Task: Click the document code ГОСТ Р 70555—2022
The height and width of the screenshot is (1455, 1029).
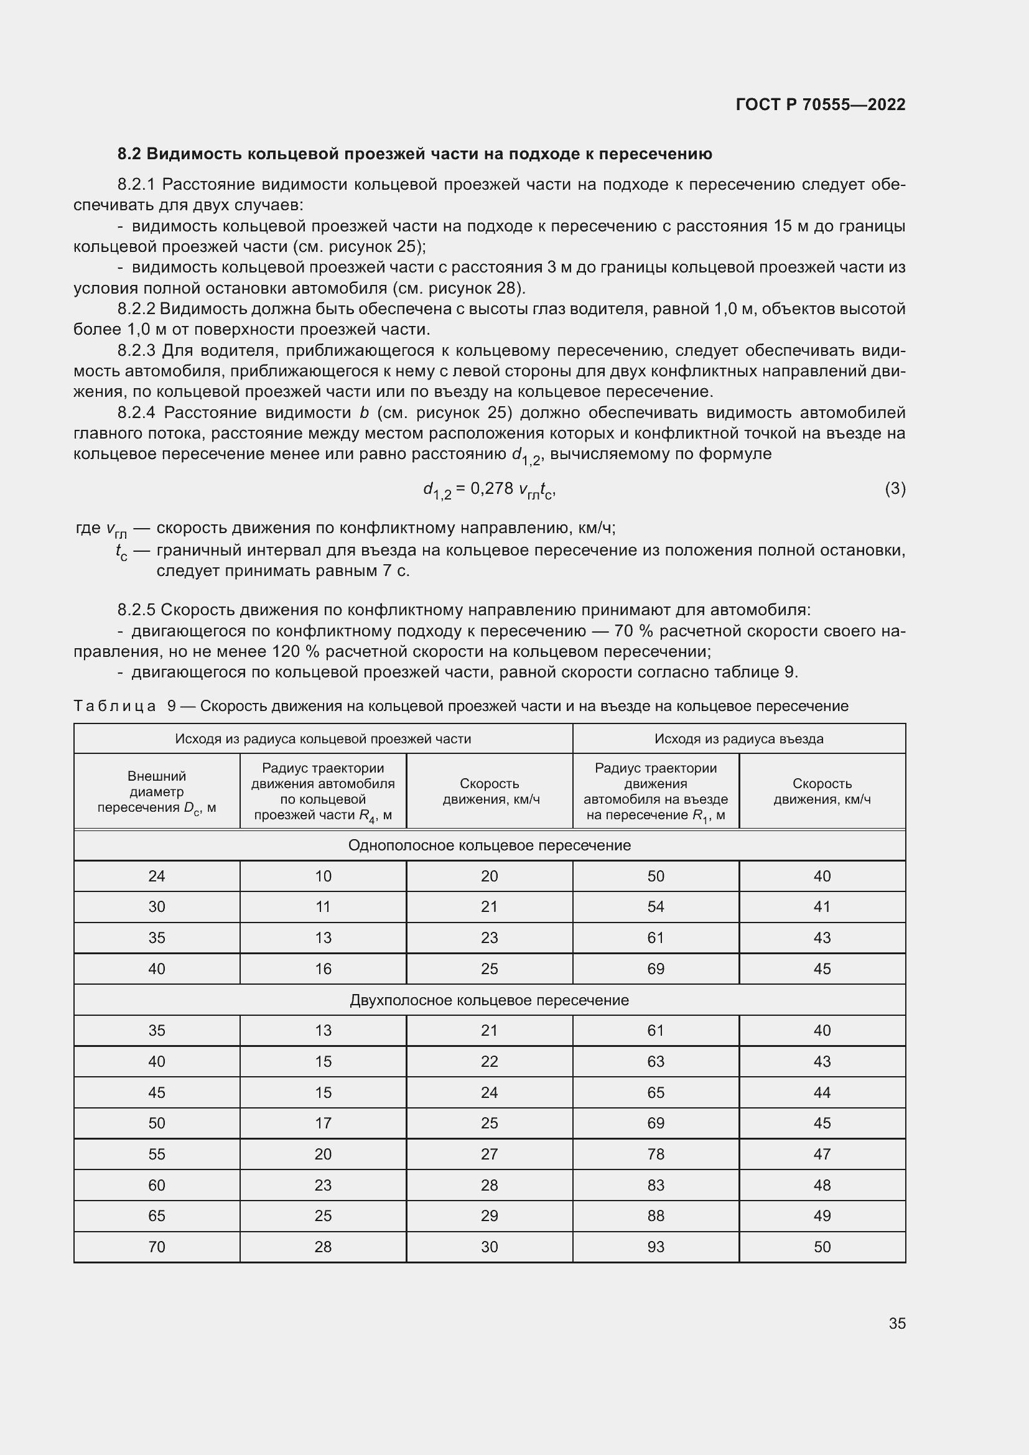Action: point(820,105)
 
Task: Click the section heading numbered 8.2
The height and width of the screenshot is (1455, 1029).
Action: point(414,154)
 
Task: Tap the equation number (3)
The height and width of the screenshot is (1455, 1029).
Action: point(895,488)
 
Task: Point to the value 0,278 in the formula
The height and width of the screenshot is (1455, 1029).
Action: point(491,488)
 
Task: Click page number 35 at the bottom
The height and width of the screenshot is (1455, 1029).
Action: point(896,1323)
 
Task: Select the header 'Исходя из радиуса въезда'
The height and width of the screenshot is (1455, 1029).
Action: point(738,738)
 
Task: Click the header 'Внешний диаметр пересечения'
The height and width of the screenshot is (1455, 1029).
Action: point(157,791)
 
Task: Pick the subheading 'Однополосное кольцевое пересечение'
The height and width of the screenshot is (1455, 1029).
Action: point(489,845)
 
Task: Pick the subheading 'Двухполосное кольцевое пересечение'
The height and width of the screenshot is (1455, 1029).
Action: point(489,1000)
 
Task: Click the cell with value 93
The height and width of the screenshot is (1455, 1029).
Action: point(655,1247)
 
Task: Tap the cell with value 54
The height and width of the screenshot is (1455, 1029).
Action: point(655,907)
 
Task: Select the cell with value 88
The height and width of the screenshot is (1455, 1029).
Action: point(655,1216)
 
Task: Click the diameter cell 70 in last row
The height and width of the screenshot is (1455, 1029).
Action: point(157,1247)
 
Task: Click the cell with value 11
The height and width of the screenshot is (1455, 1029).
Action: point(323,907)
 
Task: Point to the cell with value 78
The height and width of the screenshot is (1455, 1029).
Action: point(655,1154)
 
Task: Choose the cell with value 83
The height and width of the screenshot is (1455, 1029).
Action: point(655,1185)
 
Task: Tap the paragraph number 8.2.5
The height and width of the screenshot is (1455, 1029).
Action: point(136,610)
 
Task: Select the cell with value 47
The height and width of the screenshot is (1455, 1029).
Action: point(822,1154)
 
